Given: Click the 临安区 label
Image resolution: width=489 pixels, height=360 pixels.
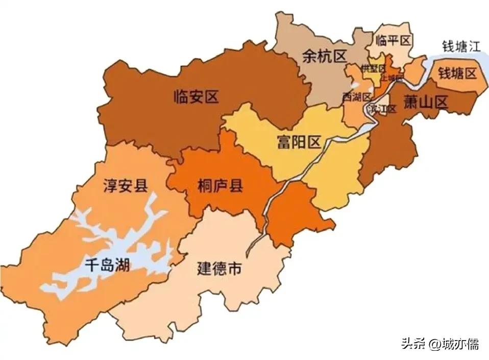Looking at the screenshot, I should (x=195, y=95).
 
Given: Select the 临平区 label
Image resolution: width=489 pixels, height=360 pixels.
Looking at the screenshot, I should (x=393, y=40).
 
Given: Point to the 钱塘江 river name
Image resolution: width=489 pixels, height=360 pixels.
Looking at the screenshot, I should (x=461, y=47).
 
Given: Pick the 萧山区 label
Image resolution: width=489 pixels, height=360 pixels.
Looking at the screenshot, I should (x=425, y=102).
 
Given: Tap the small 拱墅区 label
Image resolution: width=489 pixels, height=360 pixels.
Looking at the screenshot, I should (x=372, y=68).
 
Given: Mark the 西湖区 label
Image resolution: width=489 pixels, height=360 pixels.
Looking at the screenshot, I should (x=356, y=97).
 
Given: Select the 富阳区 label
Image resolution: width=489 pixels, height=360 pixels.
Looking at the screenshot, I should (x=299, y=141).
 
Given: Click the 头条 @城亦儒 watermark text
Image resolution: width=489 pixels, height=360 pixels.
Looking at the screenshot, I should (x=439, y=344).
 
